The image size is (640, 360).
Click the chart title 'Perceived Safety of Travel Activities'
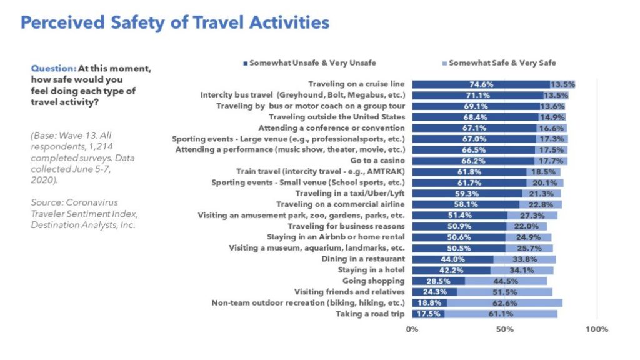[175, 23]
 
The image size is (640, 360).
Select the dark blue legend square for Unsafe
[245, 62]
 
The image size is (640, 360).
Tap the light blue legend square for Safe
[444, 62]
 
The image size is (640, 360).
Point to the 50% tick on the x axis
[504, 329]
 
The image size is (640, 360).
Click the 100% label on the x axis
[597, 329]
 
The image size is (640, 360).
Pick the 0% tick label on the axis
[412, 329]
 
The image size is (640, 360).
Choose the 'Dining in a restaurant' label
[363, 259]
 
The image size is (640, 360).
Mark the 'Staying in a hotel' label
[371, 270]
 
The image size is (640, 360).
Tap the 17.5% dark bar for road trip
[428, 314]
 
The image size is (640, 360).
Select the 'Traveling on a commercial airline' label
[341, 204]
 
